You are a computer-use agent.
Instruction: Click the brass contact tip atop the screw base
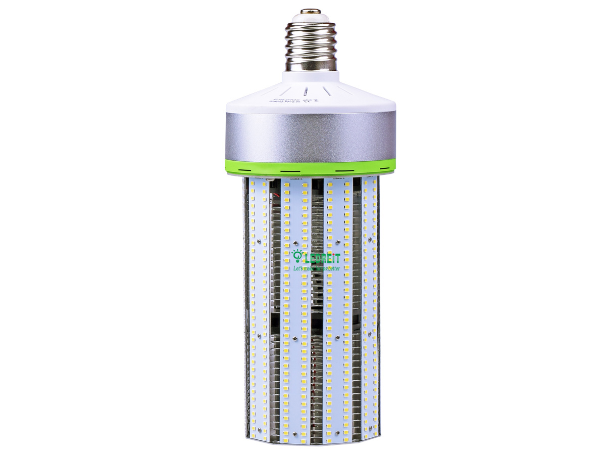(310, 11)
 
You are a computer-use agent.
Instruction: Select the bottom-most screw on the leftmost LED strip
(258, 428)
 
